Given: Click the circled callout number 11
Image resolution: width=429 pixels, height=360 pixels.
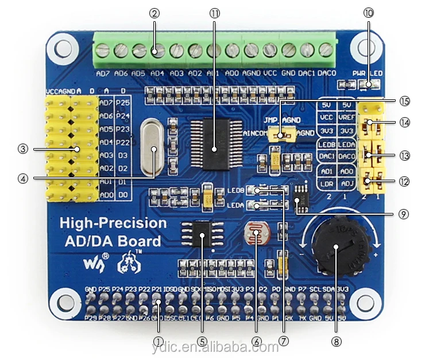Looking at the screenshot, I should pos(214,13).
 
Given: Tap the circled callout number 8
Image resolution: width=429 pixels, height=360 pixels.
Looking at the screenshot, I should pos(336,341).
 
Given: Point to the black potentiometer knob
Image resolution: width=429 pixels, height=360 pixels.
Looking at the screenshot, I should pos(338,249).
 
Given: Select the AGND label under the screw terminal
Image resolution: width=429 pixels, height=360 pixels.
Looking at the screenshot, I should pos(252,74).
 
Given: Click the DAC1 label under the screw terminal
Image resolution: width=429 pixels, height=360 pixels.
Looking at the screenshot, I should pos(308,74).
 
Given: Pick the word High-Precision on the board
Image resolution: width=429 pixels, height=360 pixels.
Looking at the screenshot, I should pos(113,223).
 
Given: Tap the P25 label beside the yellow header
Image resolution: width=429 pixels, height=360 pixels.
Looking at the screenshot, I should pos(122,102).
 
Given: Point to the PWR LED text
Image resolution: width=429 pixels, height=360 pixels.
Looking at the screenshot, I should pos(367,73).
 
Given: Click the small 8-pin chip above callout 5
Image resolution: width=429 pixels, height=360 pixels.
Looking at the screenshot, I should pos(202,235).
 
